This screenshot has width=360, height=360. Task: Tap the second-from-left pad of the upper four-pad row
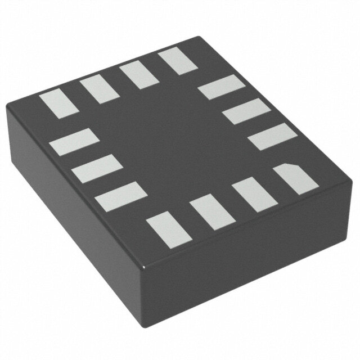click(97, 89)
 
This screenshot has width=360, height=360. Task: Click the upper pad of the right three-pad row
click(222, 87)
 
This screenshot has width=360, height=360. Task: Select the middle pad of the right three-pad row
click(246, 111)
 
